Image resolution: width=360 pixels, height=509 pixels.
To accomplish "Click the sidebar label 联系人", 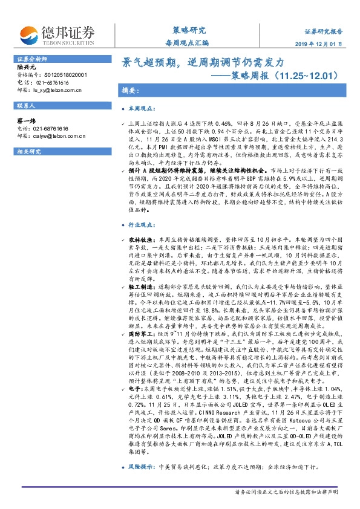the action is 27,105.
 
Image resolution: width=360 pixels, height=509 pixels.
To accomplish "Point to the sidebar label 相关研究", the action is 29,151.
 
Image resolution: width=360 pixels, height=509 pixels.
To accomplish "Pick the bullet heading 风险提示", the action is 143,468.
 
